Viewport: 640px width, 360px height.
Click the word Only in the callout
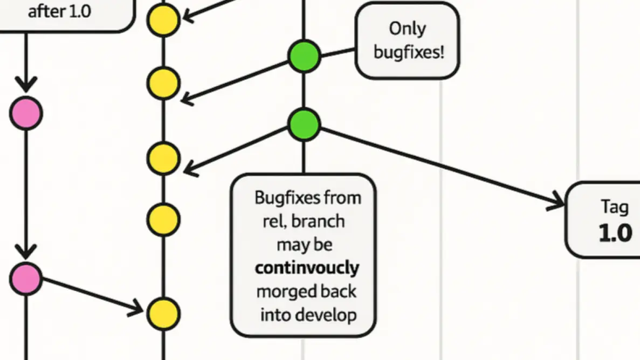pos(407,29)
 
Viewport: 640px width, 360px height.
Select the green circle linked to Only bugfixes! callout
pos(304,57)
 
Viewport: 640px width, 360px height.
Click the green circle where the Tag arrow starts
pos(304,124)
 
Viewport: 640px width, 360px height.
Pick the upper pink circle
pos(25,114)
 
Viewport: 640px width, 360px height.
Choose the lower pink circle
pos(25,279)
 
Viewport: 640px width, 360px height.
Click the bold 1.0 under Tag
pos(615,233)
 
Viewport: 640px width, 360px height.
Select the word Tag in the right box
pos(615,206)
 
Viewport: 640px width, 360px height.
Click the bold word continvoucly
pos(307,267)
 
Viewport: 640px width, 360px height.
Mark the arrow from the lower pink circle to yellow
pos(92,295)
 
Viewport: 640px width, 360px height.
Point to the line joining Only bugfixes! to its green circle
pos(338,52)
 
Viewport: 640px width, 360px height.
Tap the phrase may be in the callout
pos(305,244)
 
